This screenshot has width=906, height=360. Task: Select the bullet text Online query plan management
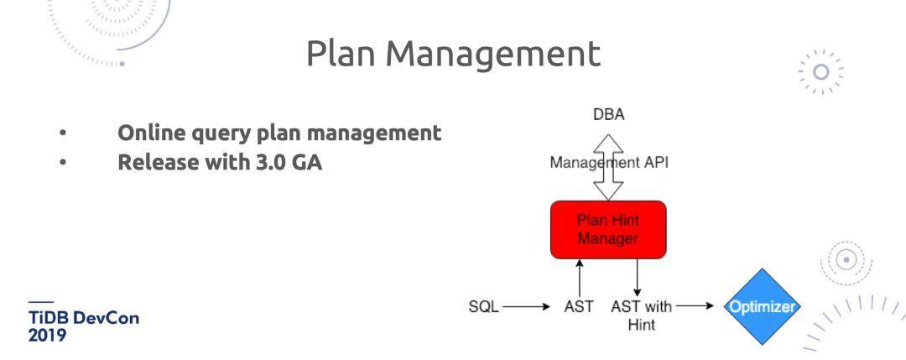point(279,133)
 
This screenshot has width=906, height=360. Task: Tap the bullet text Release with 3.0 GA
point(220,160)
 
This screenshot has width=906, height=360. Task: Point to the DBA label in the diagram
point(608,115)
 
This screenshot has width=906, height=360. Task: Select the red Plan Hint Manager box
point(608,229)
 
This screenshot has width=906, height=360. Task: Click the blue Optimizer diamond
point(761,307)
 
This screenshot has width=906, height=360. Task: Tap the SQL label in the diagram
point(483,307)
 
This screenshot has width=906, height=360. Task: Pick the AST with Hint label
point(641,314)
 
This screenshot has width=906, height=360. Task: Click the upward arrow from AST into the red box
point(580,278)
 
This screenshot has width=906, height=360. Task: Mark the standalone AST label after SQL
point(580,307)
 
